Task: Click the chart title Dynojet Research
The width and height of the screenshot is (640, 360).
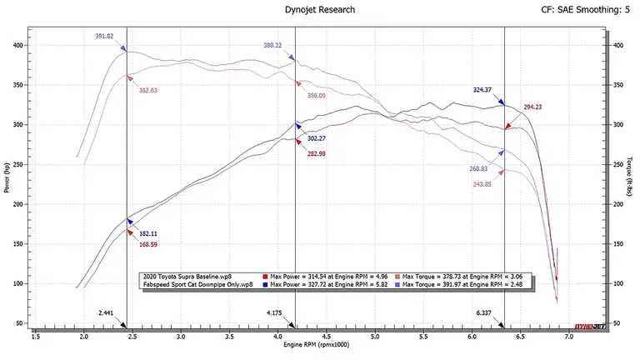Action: (x=320, y=10)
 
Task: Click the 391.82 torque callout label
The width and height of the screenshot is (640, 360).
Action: (x=104, y=37)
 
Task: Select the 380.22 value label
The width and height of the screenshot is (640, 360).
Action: (x=272, y=45)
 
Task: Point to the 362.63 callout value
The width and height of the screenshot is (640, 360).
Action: (x=147, y=91)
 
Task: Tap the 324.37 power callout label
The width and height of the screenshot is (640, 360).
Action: (x=482, y=90)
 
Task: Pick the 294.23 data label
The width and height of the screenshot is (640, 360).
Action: (x=532, y=107)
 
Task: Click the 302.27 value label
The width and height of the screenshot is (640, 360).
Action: (x=317, y=139)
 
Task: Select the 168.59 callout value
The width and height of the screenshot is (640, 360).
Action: (x=147, y=245)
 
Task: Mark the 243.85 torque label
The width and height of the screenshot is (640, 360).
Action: (x=482, y=184)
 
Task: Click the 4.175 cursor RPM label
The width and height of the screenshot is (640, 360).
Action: (x=274, y=313)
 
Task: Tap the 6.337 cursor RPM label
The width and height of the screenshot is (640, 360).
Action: (x=483, y=313)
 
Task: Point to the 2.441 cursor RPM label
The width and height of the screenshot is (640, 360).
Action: (x=106, y=313)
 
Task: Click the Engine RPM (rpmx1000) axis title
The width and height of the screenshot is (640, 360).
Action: (x=317, y=345)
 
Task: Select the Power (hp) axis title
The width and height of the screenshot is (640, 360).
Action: (x=7, y=177)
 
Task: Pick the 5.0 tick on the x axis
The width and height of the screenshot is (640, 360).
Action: (x=375, y=337)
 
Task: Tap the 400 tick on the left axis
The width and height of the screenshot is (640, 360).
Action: (x=18, y=46)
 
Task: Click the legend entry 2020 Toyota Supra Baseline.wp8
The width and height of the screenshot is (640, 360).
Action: (x=187, y=277)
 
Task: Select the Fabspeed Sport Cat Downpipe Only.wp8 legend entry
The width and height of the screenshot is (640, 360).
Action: (x=198, y=284)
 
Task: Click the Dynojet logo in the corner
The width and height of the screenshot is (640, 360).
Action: (x=590, y=326)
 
